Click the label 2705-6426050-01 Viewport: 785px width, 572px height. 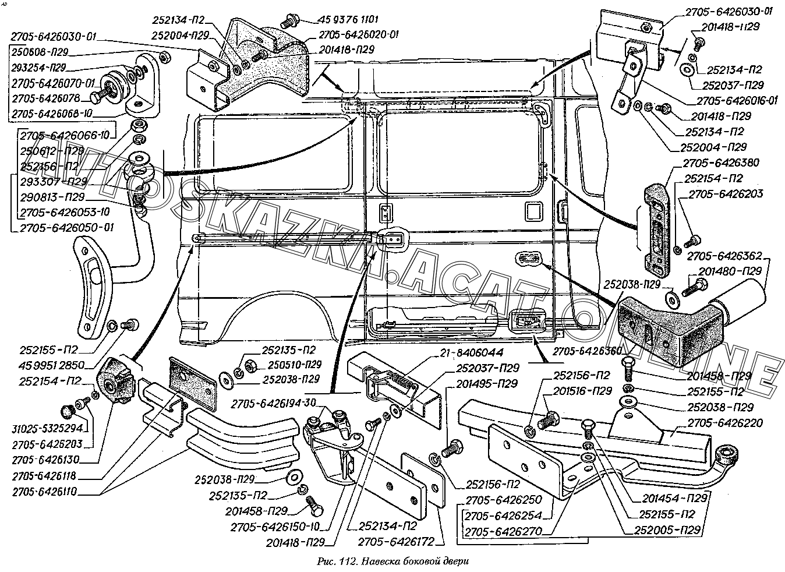coord(67,227)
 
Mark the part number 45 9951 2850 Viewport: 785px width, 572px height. coord(52,365)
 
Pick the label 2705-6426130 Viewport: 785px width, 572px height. coord(52,459)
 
